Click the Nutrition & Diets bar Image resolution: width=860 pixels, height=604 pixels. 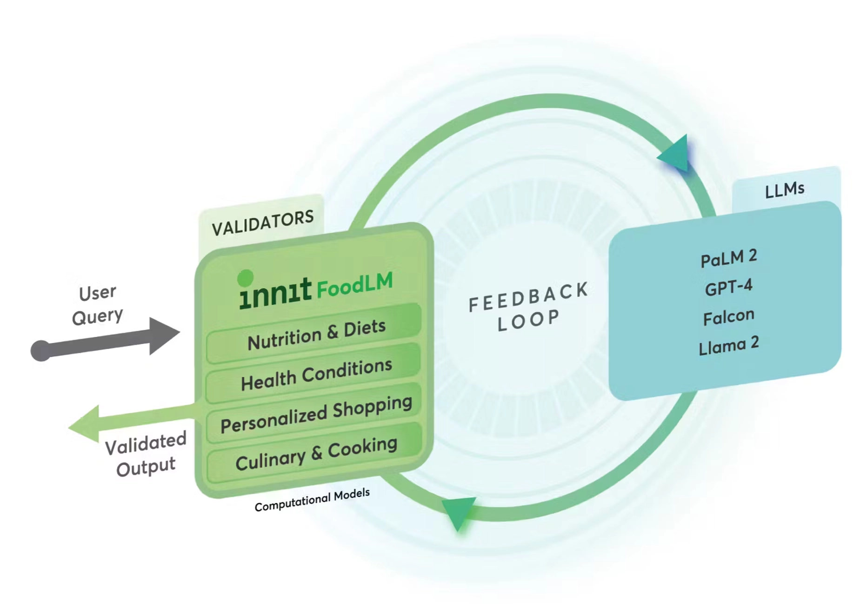pyautogui.click(x=316, y=334)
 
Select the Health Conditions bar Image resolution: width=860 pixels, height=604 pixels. pyautogui.click(x=316, y=375)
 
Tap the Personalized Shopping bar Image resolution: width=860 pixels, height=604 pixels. pyautogui.click(x=316, y=414)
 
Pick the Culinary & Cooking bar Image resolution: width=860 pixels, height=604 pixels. pyautogui.click(x=316, y=454)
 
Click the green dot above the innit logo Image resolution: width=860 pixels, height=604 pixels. pyautogui.click(x=245, y=278)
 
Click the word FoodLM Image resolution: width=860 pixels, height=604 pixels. pyautogui.click(x=354, y=285)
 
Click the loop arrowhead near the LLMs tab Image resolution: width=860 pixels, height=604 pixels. pyautogui.click(x=676, y=154)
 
